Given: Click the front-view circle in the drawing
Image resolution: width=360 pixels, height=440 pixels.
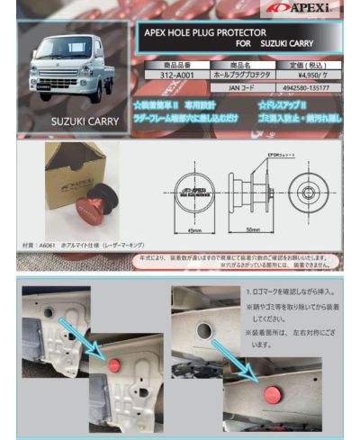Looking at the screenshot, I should coord(195,188).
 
